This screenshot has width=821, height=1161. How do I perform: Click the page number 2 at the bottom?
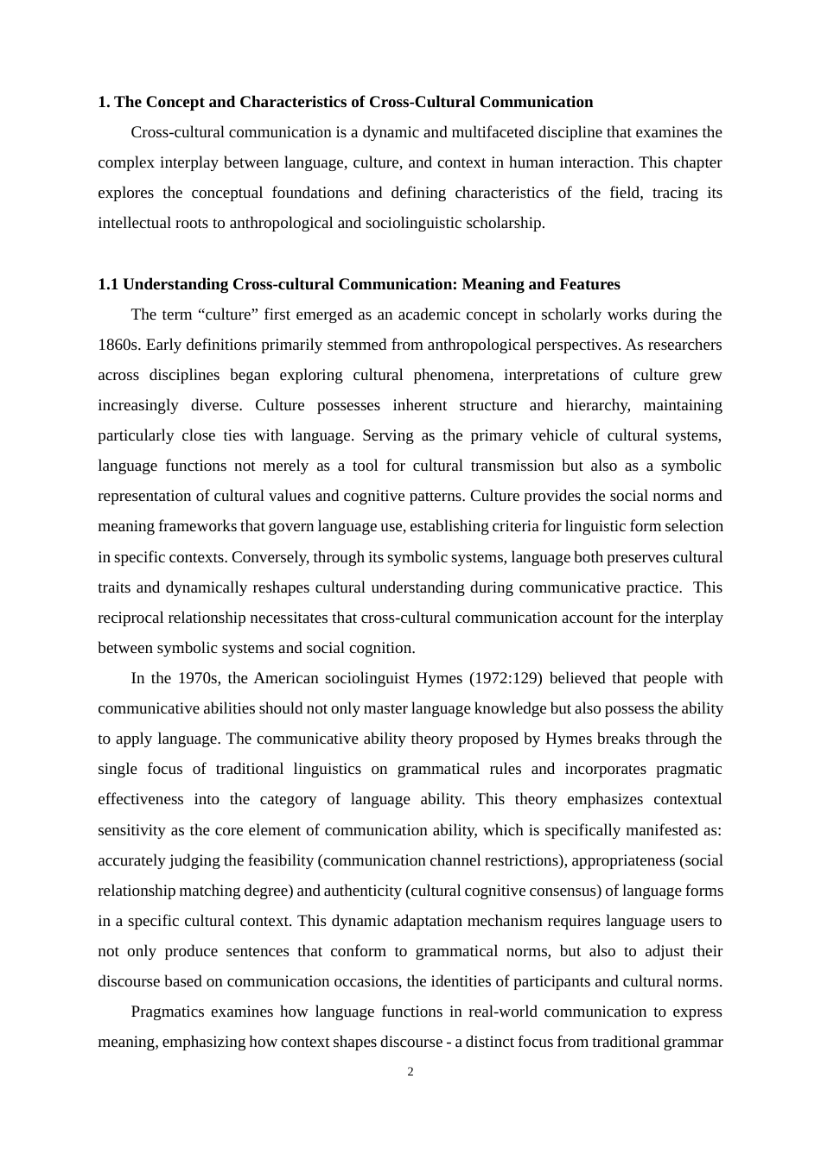410,1072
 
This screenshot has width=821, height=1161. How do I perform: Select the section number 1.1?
108,284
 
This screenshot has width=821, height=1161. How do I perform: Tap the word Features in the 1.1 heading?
589,284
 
